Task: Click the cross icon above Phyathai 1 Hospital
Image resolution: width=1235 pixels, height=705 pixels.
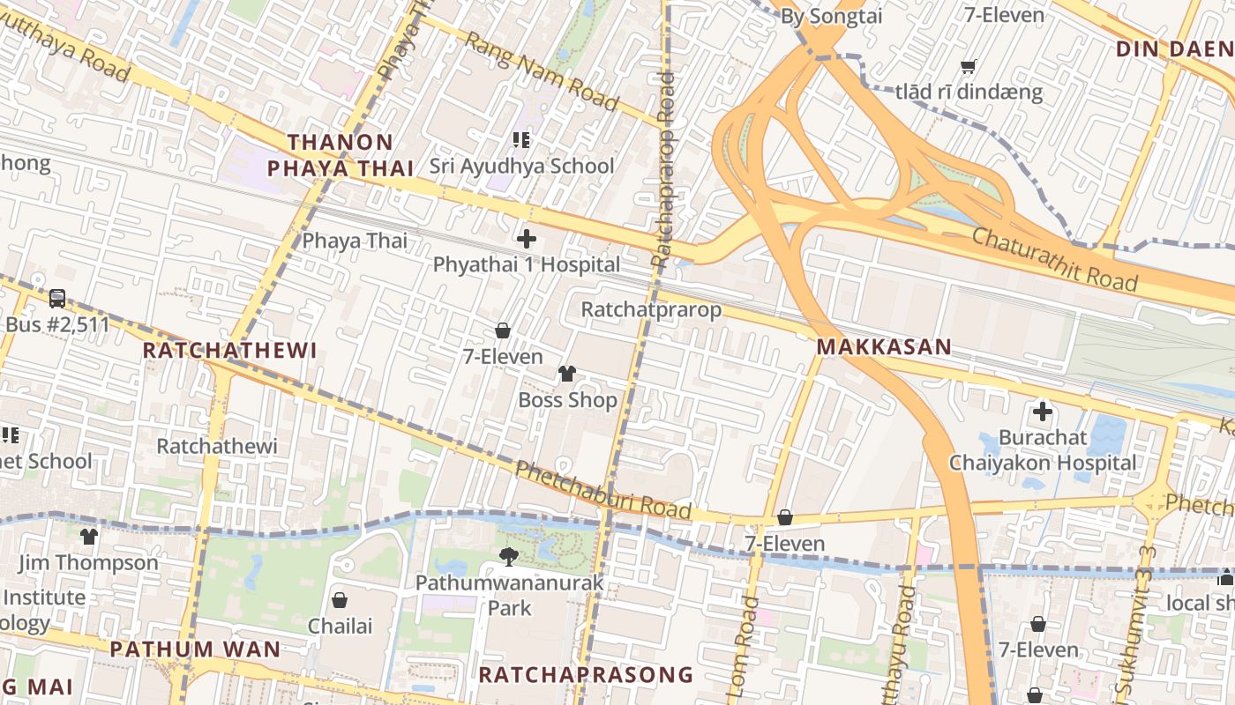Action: click(x=527, y=239)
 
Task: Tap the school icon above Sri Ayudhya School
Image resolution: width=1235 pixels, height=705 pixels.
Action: click(x=520, y=139)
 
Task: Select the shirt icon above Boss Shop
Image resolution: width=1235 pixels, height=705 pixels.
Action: click(x=566, y=374)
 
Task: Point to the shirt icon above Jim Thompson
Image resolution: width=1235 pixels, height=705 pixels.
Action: click(x=89, y=536)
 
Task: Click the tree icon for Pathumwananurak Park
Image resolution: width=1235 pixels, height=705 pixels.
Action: click(x=508, y=556)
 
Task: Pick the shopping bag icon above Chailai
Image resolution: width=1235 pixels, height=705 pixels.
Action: click(x=340, y=600)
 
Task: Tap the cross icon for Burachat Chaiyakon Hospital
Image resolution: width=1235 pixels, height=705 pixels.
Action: click(x=1043, y=412)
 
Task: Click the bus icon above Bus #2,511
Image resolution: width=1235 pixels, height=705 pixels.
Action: click(x=57, y=299)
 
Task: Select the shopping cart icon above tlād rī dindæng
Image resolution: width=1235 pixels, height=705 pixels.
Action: click(x=969, y=66)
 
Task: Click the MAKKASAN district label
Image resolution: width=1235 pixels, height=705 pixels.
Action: click(x=884, y=347)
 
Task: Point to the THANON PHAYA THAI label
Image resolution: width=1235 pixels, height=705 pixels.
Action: click(x=341, y=155)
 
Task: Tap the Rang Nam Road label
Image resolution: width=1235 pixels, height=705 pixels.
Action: click(x=542, y=71)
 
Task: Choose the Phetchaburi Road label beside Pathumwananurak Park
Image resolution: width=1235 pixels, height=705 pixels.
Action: click(x=603, y=490)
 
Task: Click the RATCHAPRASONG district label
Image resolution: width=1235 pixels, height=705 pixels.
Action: click(x=586, y=675)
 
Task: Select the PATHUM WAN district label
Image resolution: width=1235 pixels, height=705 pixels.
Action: click(x=195, y=650)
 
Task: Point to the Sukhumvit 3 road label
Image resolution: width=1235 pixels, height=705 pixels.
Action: click(x=1134, y=618)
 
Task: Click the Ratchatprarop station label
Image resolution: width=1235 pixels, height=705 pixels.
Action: click(x=651, y=310)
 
